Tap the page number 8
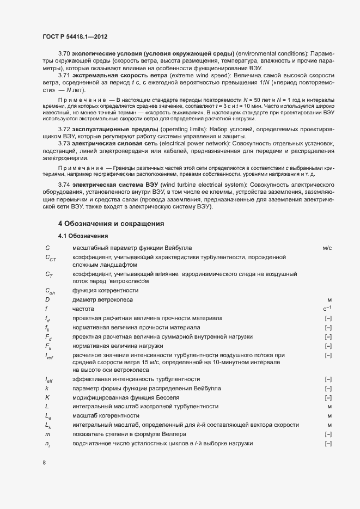pyautogui.click(x=45, y=463)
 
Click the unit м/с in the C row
pyautogui.click(x=327, y=248)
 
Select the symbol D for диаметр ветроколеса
pyautogui.click(x=48, y=299)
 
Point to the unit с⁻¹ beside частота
pyautogui.click(x=327, y=309)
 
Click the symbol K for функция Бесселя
pyautogui.click(x=48, y=397)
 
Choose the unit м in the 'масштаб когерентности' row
pyautogui.click(x=330, y=415)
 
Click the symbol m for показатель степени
pyautogui.click(x=48, y=434)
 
